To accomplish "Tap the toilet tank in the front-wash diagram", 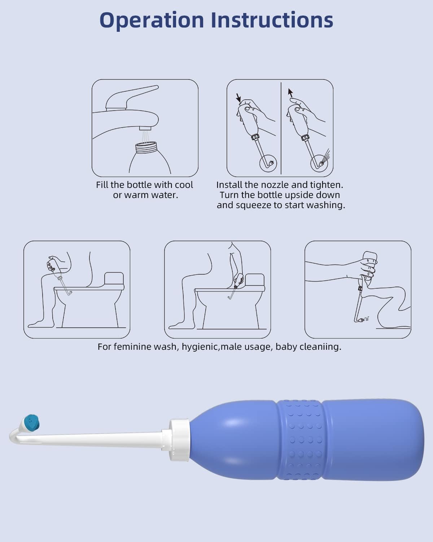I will tap(114, 279).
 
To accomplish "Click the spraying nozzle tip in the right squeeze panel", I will tap(319, 162).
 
